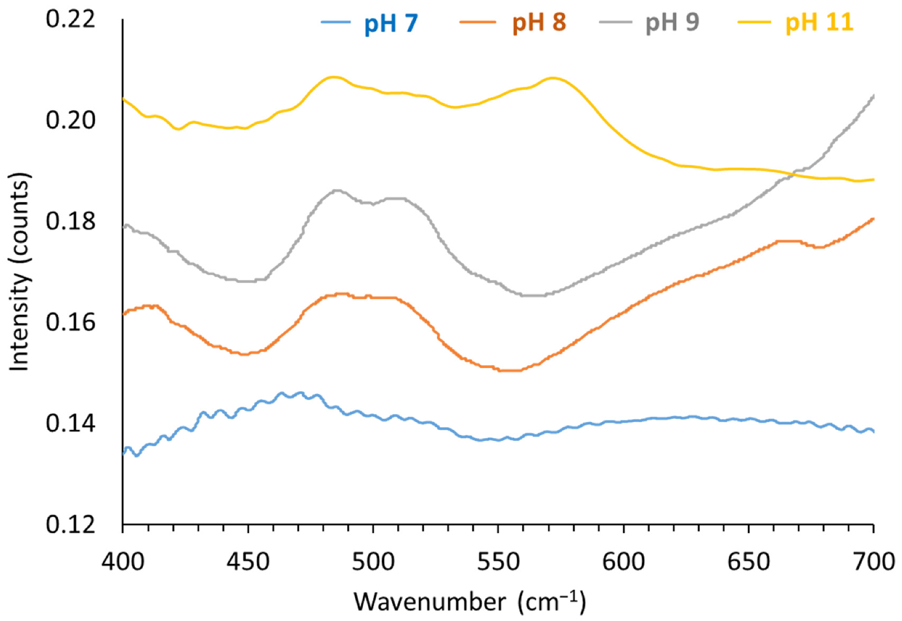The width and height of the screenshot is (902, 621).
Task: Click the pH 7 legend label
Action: click(x=391, y=23)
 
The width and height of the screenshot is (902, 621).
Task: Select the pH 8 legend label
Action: click(x=539, y=23)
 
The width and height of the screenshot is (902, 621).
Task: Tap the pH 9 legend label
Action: click(x=672, y=23)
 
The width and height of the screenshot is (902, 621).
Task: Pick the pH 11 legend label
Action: click(x=819, y=23)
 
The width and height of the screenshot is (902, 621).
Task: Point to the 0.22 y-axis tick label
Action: click(x=70, y=19)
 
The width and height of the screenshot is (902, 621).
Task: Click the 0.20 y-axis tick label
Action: click(x=70, y=120)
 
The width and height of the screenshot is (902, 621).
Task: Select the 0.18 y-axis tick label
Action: click(x=70, y=221)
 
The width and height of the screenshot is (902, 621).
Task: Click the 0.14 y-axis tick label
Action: click(x=70, y=423)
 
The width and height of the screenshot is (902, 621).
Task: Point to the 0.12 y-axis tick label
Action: click(x=70, y=525)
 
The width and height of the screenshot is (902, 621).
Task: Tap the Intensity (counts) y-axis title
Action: click(x=19, y=272)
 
